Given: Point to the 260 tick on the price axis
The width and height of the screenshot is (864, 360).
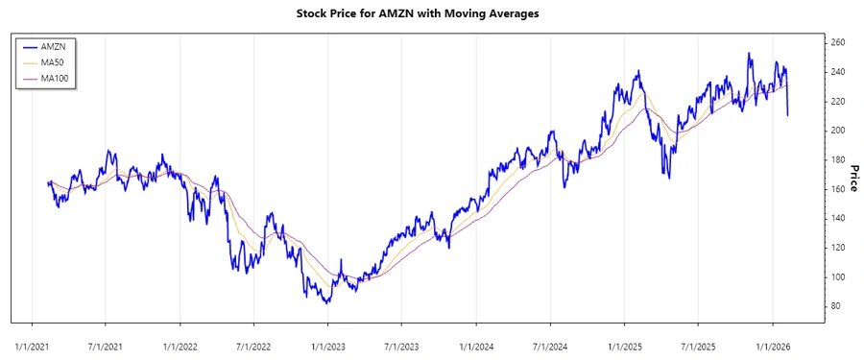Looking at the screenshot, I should point(837,43).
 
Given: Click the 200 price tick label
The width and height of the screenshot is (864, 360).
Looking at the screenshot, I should point(837,131).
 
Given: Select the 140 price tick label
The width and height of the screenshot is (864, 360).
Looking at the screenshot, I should point(837,219).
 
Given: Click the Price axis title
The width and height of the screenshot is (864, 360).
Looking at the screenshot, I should point(852,177).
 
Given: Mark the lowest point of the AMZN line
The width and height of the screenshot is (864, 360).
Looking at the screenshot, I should point(327,303).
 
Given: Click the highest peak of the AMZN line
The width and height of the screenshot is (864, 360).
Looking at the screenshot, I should point(749,53).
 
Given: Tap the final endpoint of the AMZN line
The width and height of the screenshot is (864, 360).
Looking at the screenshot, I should point(788,115).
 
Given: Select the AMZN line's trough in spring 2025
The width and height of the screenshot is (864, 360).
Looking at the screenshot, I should point(668,179).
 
